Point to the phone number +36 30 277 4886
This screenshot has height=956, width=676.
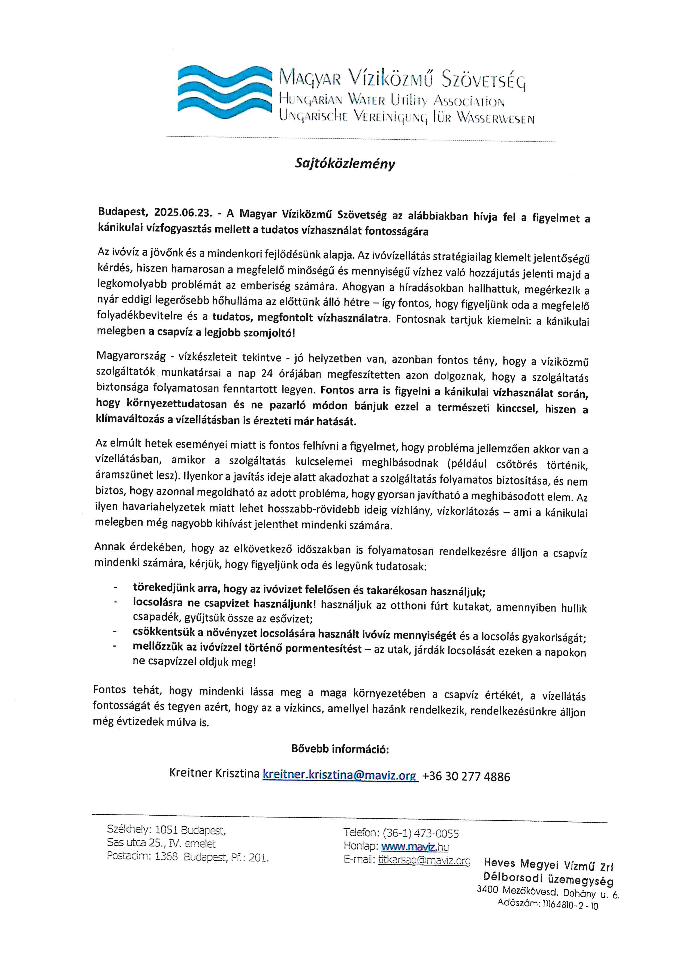tap(466, 777)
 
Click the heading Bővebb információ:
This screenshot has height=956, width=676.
tap(340, 749)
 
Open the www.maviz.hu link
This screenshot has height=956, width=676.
tap(415, 847)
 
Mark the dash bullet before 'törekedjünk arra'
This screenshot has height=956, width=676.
tap(114, 587)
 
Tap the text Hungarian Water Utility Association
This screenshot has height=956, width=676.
tap(391, 100)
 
